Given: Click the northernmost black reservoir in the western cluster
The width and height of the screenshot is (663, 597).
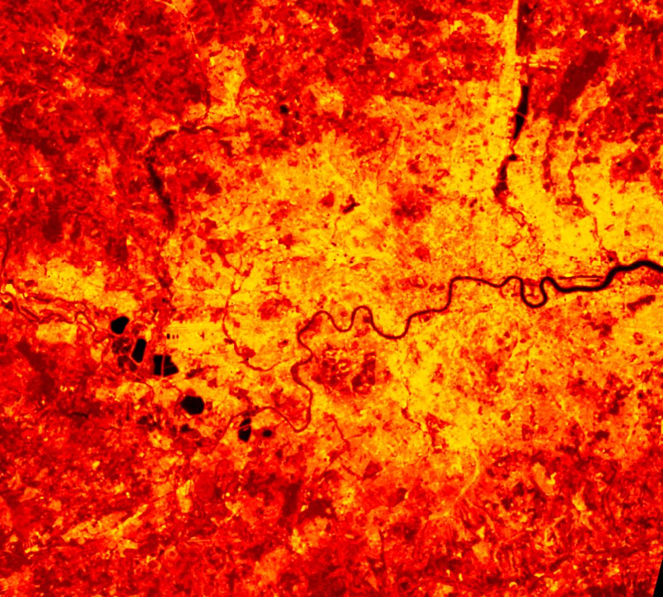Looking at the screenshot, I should coord(119,325).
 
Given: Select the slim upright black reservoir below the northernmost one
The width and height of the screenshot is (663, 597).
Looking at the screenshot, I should coord(139,349).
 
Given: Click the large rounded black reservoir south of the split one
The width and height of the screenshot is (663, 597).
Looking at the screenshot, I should coord(192,404).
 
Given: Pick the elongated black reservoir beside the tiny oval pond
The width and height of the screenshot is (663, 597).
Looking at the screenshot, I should coord(245,429).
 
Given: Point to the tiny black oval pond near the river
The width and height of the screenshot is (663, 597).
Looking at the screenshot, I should coord(267,432).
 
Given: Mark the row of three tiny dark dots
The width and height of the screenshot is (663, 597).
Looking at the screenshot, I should coord(173,333).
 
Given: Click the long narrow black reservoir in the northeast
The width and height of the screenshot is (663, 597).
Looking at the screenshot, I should coord(522,108).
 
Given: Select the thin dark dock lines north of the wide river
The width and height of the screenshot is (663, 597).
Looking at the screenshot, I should coord(573,275).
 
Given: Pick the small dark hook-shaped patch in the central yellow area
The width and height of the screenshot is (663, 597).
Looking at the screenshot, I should coord(349,204).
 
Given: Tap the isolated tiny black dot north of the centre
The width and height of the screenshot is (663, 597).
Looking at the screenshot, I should coord(284,109).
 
